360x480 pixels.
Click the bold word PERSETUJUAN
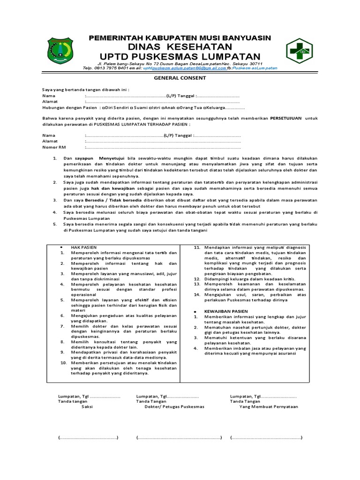pyautogui.click(x=286, y=118)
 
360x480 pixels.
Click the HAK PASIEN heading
pyautogui.click(x=80, y=247)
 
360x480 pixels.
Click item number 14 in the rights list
pyautogui.click(x=197, y=295)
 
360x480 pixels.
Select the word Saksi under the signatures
pyautogui.click(x=87, y=407)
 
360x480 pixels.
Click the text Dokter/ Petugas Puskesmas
pyautogui.click(x=174, y=407)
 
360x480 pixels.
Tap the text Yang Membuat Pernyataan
pyautogui.click(x=269, y=407)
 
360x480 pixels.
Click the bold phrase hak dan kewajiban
pyautogui.click(x=107, y=187)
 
